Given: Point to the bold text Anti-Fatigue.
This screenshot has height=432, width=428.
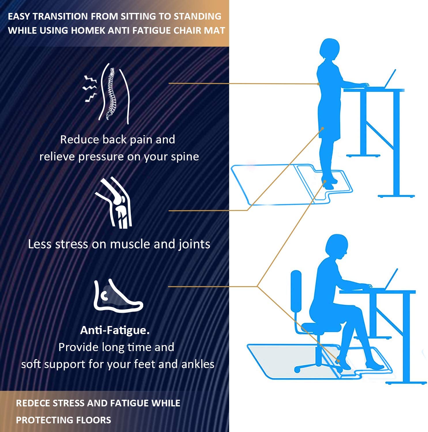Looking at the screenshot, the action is tap(115, 330).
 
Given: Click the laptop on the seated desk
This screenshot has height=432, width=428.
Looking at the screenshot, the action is tap(391, 279).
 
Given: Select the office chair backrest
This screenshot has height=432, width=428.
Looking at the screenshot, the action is tap(296, 291).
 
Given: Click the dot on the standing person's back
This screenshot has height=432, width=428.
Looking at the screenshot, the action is tap(318, 84).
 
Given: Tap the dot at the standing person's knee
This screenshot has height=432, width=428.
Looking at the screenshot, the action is tap(323, 128).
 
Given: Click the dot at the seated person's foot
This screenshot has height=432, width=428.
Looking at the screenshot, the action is tap(338, 361).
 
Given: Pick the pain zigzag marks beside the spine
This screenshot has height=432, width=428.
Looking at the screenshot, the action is tap(90, 89).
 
